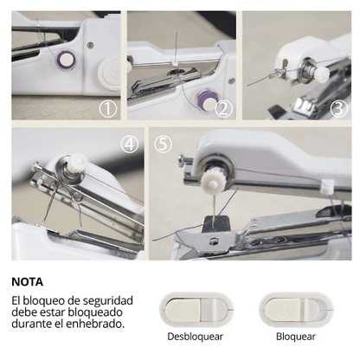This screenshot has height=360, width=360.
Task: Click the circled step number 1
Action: [x=108, y=109]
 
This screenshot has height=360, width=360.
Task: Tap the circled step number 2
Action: [x=223, y=109]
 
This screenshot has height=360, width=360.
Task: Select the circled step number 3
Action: [x=339, y=109]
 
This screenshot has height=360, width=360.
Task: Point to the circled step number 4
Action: [x=129, y=145]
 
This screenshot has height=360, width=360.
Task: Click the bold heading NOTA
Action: [x=28, y=282]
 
